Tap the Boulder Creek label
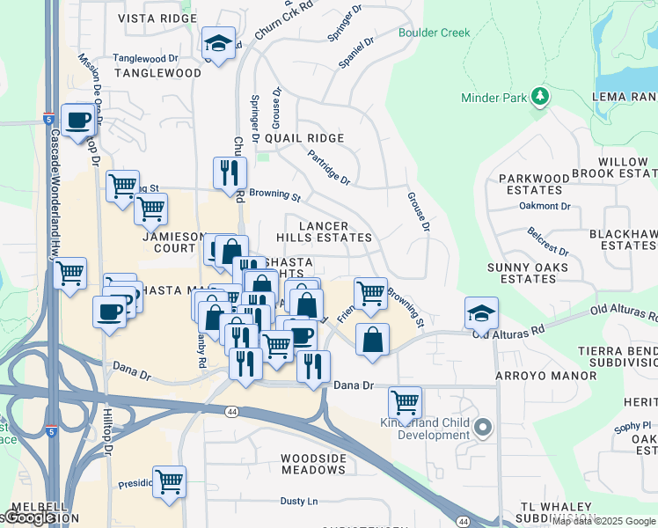(x=434, y=33)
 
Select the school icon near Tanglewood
(x=217, y=44)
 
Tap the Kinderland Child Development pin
(x=482, y=429)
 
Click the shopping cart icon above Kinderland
(x=405, y=402)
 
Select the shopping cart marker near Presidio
(x=169, y=481)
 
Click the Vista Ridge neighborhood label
(x=158, y=18)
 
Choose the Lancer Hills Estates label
(x=335, y=232)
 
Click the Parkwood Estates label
(x=534, y=184)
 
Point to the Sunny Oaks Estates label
(x=528, y=272)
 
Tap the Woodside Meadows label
(x=313, y=464)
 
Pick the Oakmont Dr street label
(x=545, y=206)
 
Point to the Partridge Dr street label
(x=329, y=167)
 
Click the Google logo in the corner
(x=29, y=517)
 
